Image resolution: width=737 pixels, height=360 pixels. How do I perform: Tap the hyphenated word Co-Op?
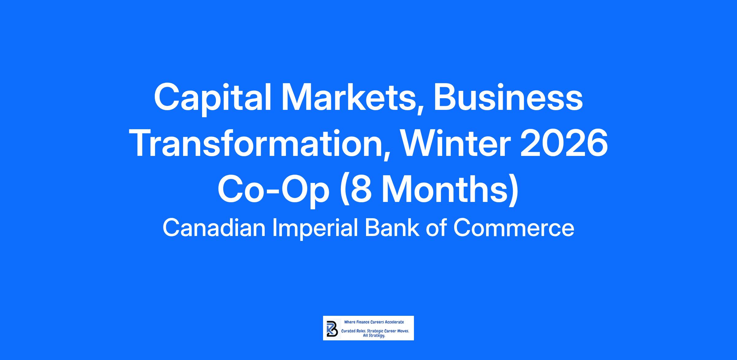273,190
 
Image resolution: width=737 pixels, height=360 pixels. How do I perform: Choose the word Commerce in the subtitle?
514,228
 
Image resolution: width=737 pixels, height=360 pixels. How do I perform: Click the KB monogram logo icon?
332,329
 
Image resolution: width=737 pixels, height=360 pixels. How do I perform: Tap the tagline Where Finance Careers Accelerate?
374,322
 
